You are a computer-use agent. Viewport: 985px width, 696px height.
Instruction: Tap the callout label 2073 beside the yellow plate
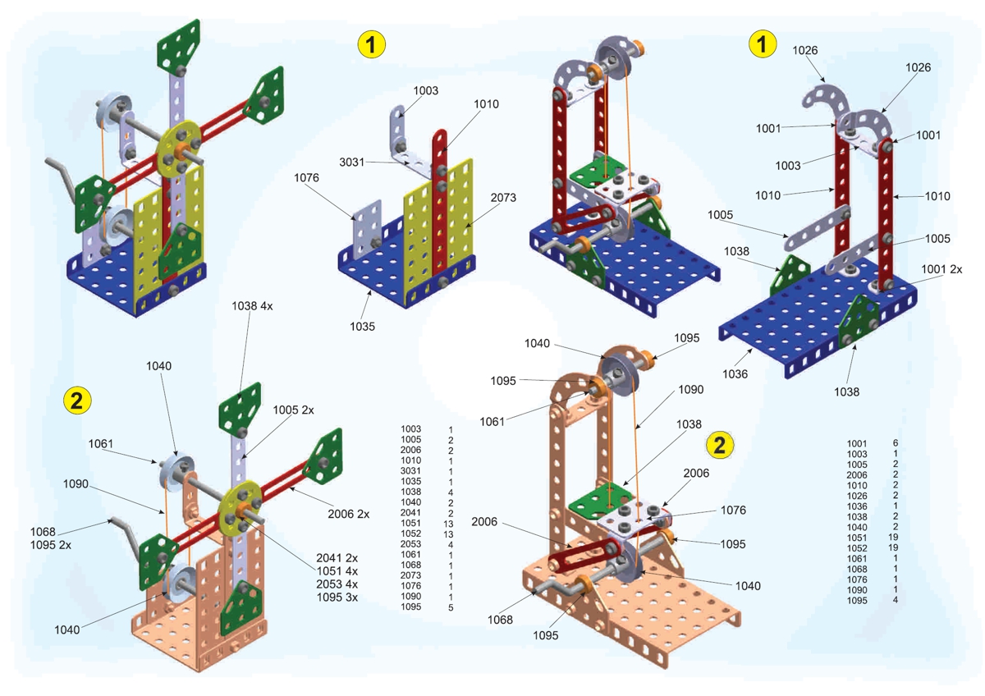(503, 198)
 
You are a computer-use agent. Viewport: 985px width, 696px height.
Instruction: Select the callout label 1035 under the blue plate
(362, 326)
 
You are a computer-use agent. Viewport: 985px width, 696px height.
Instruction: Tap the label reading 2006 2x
(344, 514)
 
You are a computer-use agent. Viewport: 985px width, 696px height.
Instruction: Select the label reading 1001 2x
(941, 268)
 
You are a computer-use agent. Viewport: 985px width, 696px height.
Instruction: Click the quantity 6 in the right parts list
(895, 443)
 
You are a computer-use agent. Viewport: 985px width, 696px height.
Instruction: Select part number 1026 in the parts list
(857, 495)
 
